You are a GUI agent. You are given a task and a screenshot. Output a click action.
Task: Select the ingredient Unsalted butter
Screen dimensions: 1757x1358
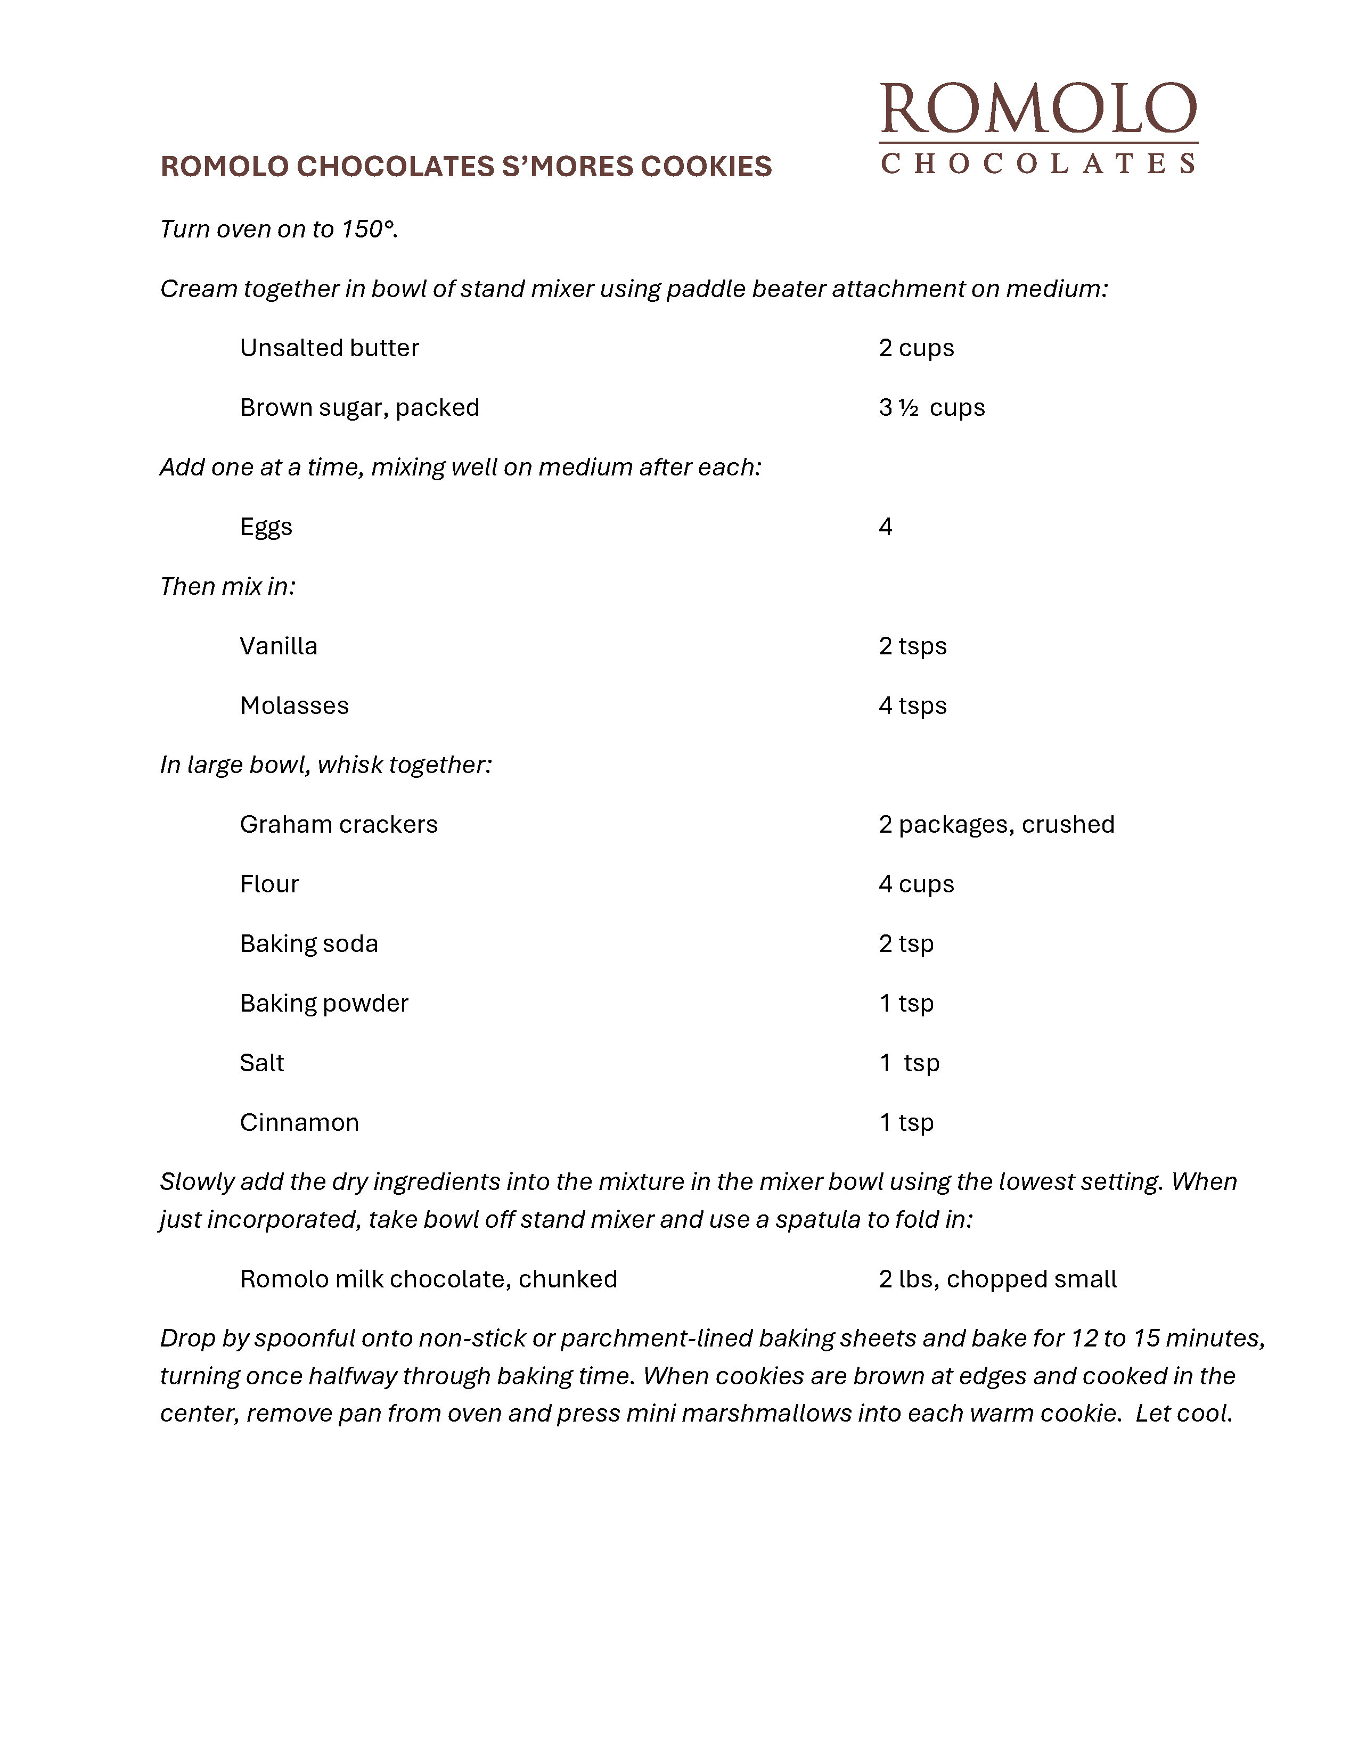point(329,348)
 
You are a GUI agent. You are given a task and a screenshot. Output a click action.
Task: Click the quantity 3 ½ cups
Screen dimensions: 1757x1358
point(931,407)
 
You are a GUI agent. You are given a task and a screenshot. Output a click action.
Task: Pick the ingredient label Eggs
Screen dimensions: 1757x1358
point(266,527)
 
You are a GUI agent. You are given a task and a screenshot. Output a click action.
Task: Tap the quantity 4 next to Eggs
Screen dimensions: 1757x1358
point(885,527)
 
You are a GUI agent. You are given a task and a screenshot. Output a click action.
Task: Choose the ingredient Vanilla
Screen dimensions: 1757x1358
point(279,646)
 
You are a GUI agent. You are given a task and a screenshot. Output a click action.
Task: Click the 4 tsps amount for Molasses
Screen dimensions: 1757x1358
point(912,705)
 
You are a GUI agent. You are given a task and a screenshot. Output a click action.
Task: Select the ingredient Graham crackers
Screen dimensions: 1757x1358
point(339,825)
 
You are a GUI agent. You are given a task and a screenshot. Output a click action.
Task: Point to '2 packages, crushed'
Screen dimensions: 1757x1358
point(996,825)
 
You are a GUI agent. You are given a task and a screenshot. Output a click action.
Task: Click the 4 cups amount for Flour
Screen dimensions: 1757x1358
point(917,884)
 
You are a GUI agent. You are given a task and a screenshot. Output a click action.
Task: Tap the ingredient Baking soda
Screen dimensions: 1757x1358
point(309,943)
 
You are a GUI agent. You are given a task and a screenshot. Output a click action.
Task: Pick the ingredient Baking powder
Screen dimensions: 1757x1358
point(324,1003)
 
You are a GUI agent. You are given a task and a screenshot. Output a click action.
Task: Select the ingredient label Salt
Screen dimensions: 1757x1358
point(261,1063)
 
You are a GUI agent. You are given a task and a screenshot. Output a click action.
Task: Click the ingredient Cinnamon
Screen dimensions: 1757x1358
point(299,1122)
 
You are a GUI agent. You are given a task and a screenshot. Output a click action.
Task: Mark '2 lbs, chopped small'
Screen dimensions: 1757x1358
point(997,1279)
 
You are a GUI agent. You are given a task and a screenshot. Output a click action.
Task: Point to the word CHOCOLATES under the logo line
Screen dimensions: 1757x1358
point(1038,163)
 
